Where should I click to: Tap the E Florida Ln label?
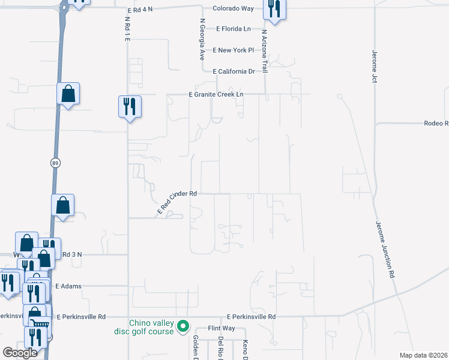coord(234,29)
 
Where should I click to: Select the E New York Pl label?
coord(234,50)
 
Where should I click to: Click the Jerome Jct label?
coord(374,66)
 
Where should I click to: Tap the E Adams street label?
coord(68,287)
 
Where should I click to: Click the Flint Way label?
coord(221,329)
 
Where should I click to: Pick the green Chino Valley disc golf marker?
coord(184,327)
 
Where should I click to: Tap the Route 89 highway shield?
coord(55,163)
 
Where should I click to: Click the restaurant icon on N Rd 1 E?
coord(130,107)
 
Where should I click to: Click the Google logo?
coord(20,353)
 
